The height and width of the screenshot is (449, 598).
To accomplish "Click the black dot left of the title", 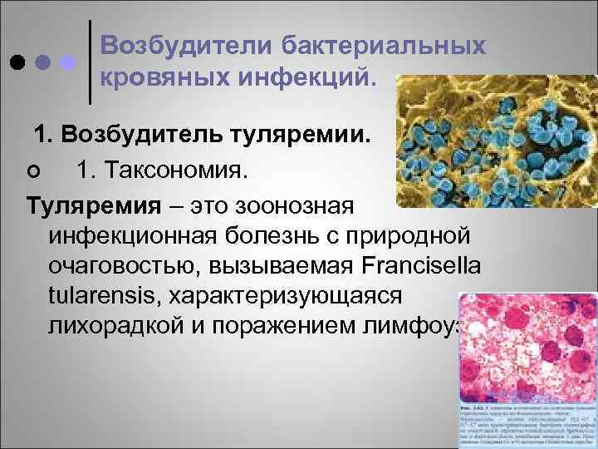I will coord(16,63).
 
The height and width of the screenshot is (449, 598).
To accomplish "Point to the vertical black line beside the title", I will coord(90,62).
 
